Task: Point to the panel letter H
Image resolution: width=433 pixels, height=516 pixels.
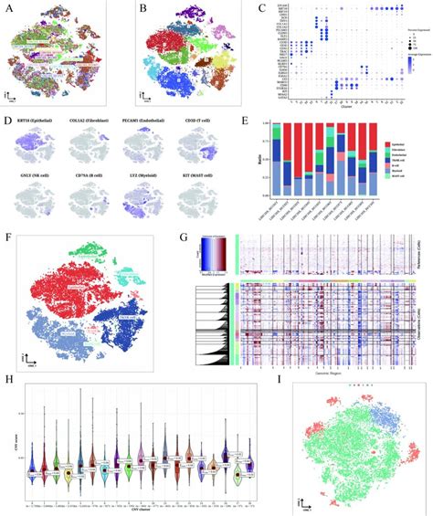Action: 6,381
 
